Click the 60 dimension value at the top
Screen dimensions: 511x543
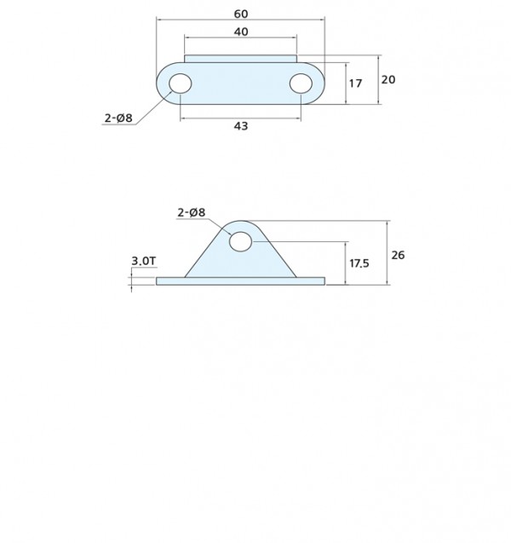[x=241, y=14]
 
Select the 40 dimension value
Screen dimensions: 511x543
[x=241, y=32]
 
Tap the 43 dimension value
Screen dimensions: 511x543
[x=241, y=126]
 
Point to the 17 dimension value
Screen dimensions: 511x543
[x=355, y=84]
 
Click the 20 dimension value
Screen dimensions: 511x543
[x=388, y=79]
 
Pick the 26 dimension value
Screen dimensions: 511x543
[x=398, y=255]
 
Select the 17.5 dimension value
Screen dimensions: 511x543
[x=359, y=263]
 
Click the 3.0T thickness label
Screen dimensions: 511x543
[x=144, y=261]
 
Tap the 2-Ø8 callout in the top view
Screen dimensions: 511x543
[x=118, y=118]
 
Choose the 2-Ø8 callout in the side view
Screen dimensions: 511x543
[x=192, y=212]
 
